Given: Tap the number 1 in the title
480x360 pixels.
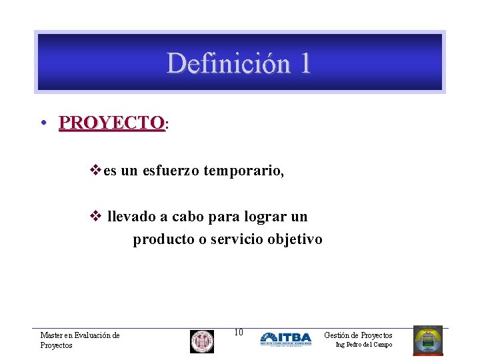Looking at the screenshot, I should coord(304,63).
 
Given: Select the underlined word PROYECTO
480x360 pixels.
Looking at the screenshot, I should coord(111,123).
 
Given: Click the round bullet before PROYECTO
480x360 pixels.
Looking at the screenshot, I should coord(42,123).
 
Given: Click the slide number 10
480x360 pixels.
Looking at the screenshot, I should coord(239,332).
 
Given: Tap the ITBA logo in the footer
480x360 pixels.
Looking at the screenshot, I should coord(285,339).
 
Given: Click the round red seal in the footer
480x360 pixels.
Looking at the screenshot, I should coord(201,341).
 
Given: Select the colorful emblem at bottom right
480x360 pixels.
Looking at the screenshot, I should coord(427,340).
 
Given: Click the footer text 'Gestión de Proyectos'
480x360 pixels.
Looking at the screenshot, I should coord(358,335).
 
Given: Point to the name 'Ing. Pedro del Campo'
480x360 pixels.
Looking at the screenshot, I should coord(363,345).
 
